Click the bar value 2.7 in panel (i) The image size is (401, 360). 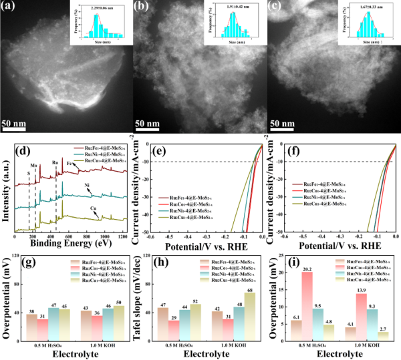point(382,327)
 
